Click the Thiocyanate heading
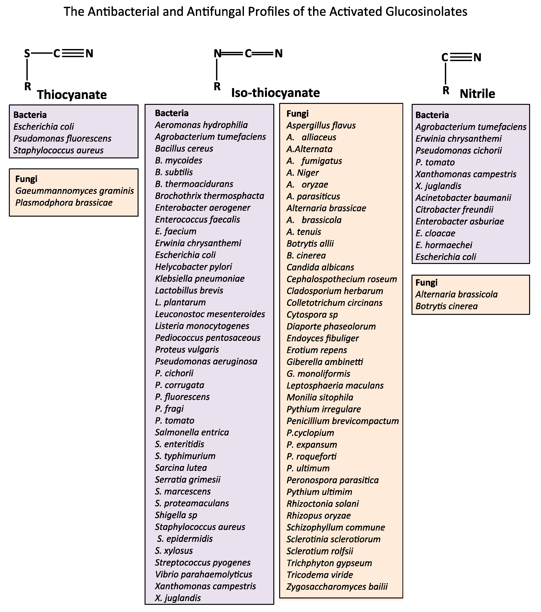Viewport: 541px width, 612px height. click(x=72, y=95)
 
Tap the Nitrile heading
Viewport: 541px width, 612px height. click(x=477, y=94)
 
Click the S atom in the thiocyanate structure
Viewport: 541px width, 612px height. click(x=27, y=54)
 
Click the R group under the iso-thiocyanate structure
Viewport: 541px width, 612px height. click(x=217, y=87)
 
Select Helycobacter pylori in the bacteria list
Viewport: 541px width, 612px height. click(x=193, y=267)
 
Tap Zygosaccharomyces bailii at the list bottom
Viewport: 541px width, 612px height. click(x=337, y=587)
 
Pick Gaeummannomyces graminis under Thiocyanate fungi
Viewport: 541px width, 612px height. click(x=74, y=191)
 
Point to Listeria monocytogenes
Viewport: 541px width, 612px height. click(x=202, y=326)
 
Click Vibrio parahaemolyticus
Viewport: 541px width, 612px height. click(x=204, y=574)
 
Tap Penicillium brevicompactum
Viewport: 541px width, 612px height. click(x=343, y=421)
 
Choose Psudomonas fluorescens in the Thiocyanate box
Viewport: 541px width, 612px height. click(x=62, y=139)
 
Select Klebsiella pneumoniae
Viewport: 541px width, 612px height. click(x=200, y=279)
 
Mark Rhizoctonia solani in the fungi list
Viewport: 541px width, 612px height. click(x=323, y=504)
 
